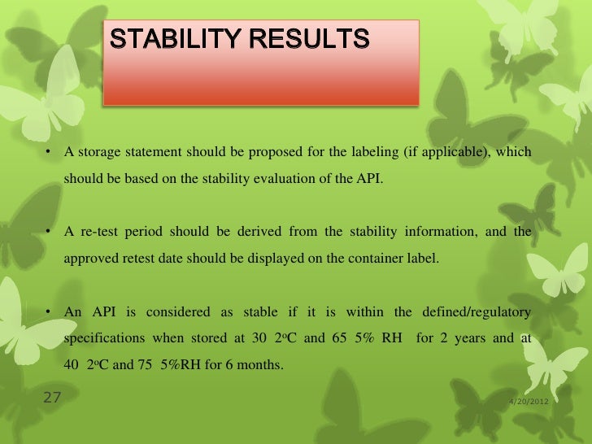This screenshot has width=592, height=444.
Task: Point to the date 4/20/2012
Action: point(529,402)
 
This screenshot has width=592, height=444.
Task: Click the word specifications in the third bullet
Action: point(102,337)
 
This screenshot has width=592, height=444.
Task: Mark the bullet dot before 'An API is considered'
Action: point(49,312)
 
